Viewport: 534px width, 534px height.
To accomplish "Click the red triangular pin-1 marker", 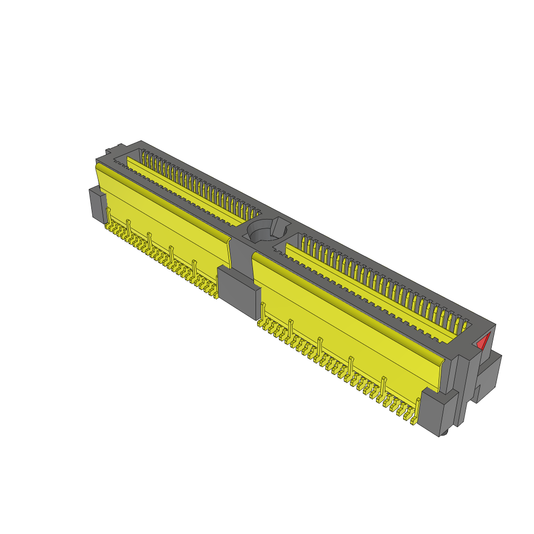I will click(483, 342).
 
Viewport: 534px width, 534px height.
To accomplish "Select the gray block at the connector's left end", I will click(97, 204).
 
